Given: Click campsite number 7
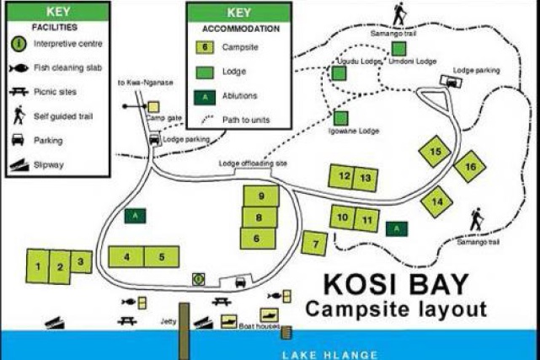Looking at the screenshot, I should [314, 242].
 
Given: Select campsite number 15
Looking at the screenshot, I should [435, 152].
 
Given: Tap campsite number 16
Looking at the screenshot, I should [470, 167].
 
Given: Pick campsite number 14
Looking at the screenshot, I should [436, 201].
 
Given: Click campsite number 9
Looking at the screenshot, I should [261, 196].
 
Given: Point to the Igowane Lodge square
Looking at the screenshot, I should [341, 118].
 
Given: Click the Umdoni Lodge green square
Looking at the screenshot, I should [398, 49].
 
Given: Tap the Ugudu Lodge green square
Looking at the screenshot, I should [339, 73].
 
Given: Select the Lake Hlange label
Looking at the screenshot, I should [330, 354].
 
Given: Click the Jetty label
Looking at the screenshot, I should [167, 320].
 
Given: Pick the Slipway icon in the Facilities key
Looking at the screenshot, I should [18, 165].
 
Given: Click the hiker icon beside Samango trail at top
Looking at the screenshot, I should [398, 14].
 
